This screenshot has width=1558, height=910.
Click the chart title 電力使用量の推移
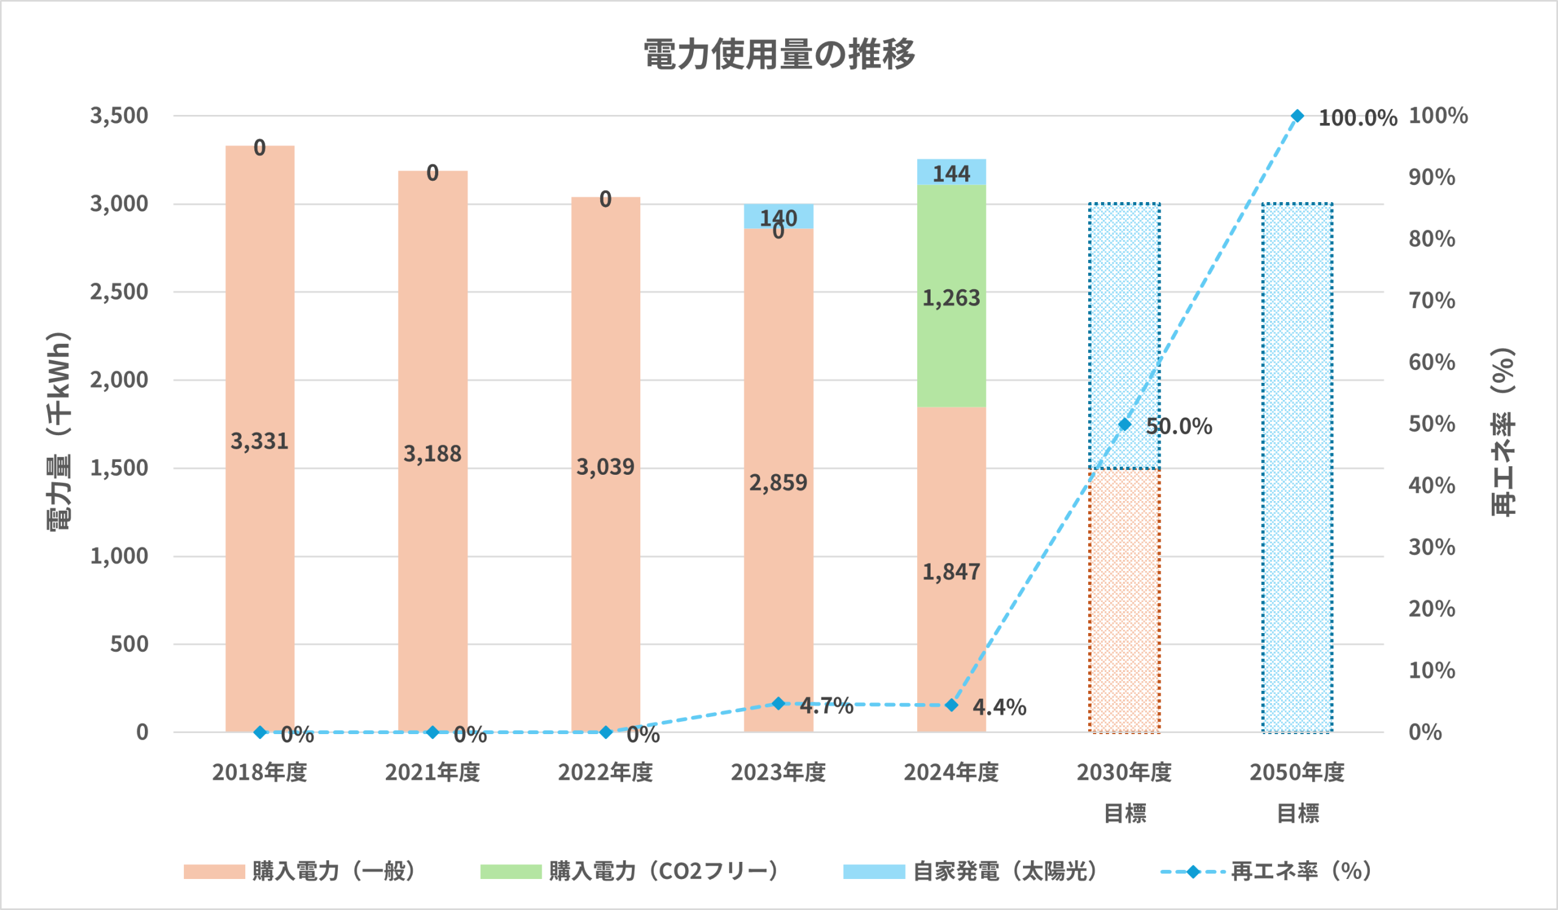pyautogui.click(x=779, y=54)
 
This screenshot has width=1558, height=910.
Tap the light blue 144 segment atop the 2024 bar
pyautogui.click(x=951, y=172)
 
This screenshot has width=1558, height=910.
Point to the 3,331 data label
pyautogui.click(x=260, y=441)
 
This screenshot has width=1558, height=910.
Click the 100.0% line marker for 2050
pyautogui.click(x=1298, y=116)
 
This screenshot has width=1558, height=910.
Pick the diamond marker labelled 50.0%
pyautogui.click(x=1125, y=424)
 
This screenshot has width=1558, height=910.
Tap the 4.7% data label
pyautogui.click(x=826, y=705)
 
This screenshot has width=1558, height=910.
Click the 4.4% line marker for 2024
pyautogui.click(x=952, y=705)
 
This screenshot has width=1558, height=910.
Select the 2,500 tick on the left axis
pyautogui.click(x=119, y=292)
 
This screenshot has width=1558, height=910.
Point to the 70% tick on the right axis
pyautogui.click(x=1432, y=301)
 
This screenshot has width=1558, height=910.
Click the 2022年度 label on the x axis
pyautogui.click(x=606, y=773)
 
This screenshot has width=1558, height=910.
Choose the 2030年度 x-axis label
pyautogui.click(x=1124, y=773)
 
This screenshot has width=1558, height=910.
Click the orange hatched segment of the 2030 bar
pyautogui.click(x=1124, y=600)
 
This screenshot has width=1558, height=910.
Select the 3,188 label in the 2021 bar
pyautogui.click(x=432, y=453)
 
